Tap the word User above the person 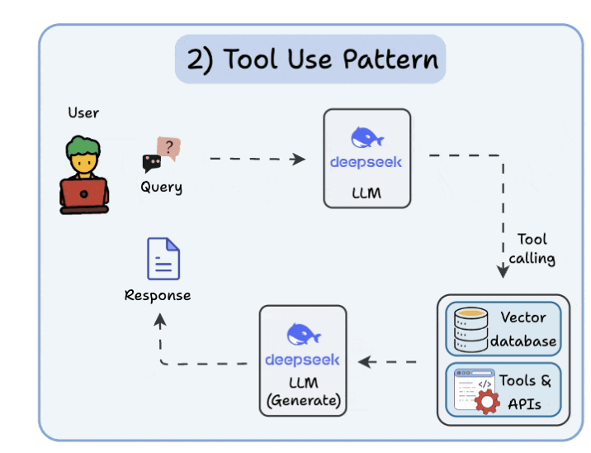pyautogui.click(x=83, y=112)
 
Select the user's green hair pyautogui.click(x=83, y=149)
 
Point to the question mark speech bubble pyautogui.click(x=168, y=148)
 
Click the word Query pyautogui.click(x=161, y=187)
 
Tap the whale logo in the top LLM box pyautogui.click(x=366, y=138)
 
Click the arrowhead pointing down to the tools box pyautogui.click(x=502, y=271)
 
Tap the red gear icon pyautogui.click(x=487, y=402)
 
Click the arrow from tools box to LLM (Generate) pyautogui.click(x=388, y=361)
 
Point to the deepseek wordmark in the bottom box pyautogui.click(x=302, y=360)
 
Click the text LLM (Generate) pyautogui.click(x=303, y=393)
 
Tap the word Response pyautogui.click(x=158, y=295)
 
